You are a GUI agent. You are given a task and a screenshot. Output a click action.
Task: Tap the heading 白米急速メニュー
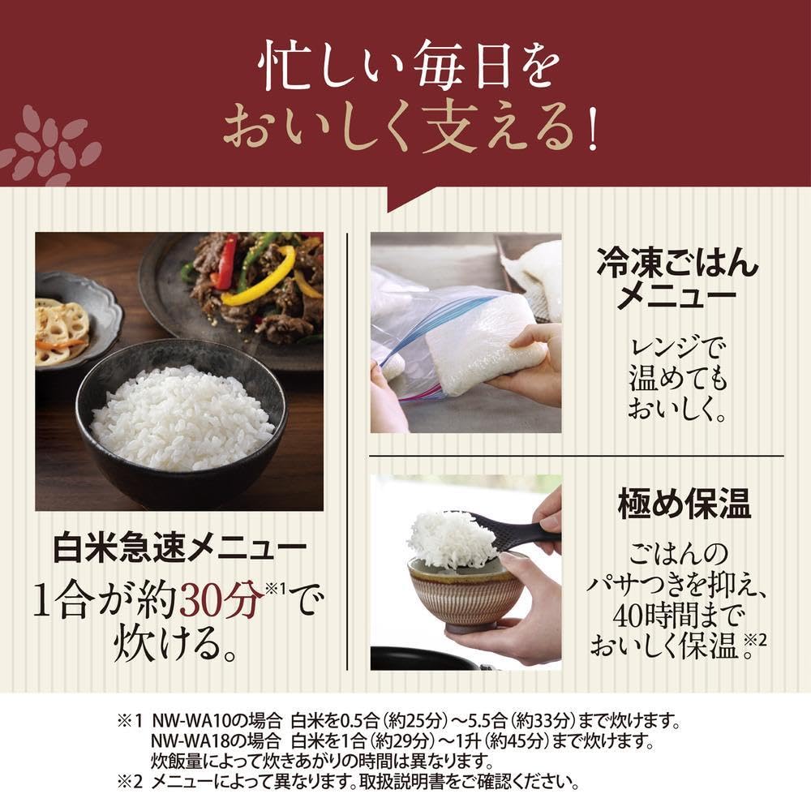[x=180, y=549]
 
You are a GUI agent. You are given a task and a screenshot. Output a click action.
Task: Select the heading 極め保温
[x=684, y=504]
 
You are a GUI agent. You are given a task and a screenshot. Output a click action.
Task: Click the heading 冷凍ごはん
[x=677, y=262]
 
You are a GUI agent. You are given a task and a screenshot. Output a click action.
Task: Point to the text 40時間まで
[x=679, y=616]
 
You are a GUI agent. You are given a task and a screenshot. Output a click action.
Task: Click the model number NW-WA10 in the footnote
[x=191, y=720]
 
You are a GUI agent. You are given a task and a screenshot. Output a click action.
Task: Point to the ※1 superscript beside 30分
[x=275, y=589]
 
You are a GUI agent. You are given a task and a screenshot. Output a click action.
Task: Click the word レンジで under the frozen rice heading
[x=676, y=348]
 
